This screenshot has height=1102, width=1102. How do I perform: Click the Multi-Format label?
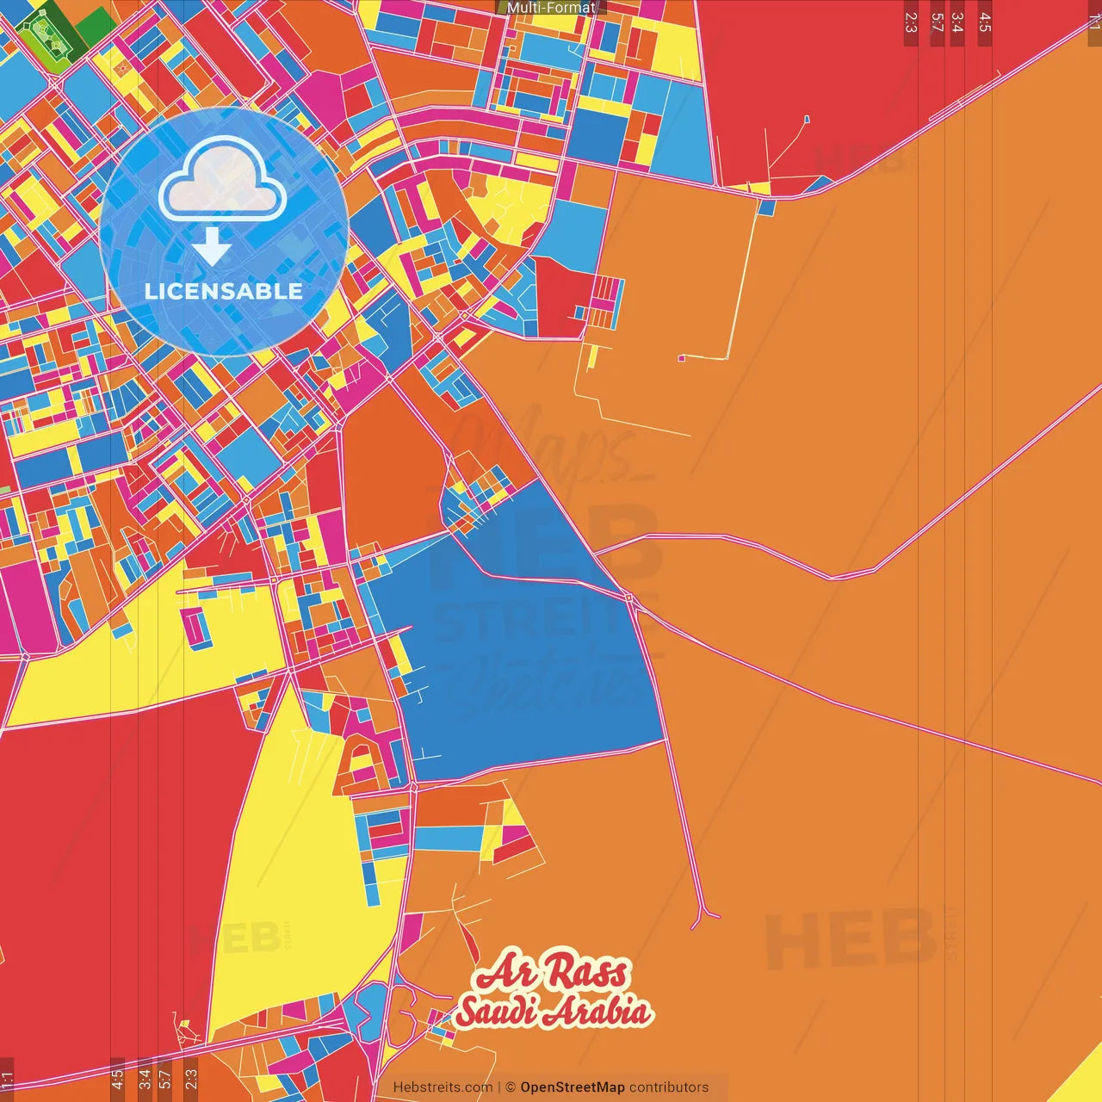pos(551,8)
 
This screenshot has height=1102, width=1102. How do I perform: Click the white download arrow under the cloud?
pos(212,248)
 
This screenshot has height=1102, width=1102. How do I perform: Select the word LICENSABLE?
pos(224,291)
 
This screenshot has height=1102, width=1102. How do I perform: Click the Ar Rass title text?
pos(552,973)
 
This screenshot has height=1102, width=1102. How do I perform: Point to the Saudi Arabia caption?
pos(554,1011)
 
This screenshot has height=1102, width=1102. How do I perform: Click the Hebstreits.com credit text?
pos(443,1087)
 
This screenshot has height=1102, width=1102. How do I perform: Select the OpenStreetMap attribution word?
pos(573,1087)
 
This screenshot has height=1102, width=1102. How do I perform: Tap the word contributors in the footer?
pos(669,1087)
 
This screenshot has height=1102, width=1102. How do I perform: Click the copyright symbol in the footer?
pos(511,1087)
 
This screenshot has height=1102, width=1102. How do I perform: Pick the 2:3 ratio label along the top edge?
pos(911,22)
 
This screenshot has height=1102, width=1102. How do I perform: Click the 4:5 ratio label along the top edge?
pos(985,22)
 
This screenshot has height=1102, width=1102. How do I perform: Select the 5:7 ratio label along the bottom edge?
pos(165,1079)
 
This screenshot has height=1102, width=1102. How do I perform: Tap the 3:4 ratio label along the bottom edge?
pos(145,1079)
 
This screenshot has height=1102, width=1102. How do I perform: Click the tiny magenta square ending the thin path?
pos(682,357)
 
